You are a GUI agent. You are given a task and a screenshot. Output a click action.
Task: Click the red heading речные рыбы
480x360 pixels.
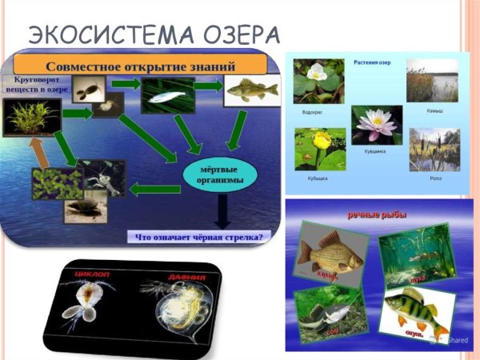click(376, 214)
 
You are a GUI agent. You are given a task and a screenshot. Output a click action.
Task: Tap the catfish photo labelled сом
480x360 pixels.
click(329, 316)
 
